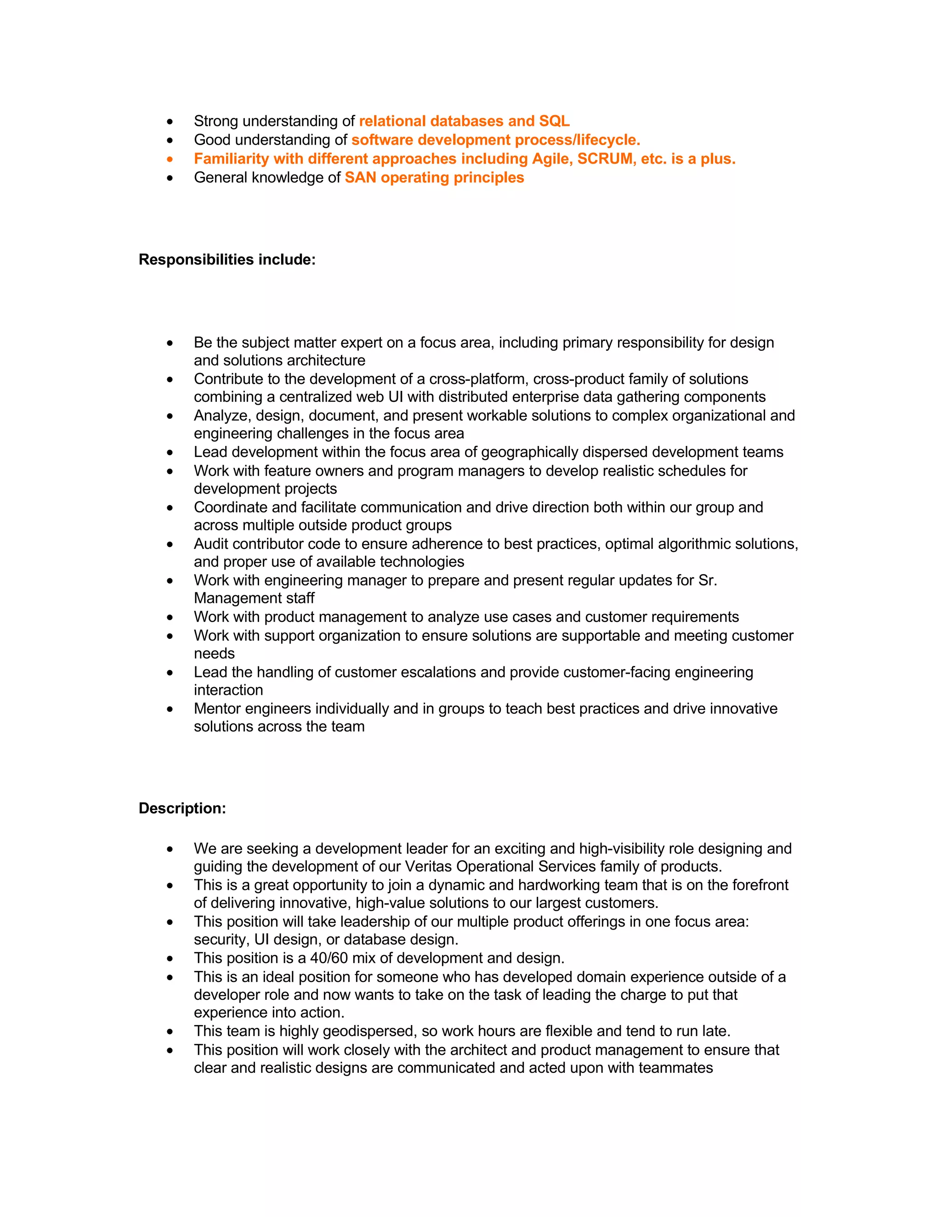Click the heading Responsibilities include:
[x=227, y=259]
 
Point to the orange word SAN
[x=360, y=177]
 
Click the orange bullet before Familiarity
[x=170, y=159]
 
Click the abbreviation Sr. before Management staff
[x=708, y=580]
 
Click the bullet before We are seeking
[x=170, y=849]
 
